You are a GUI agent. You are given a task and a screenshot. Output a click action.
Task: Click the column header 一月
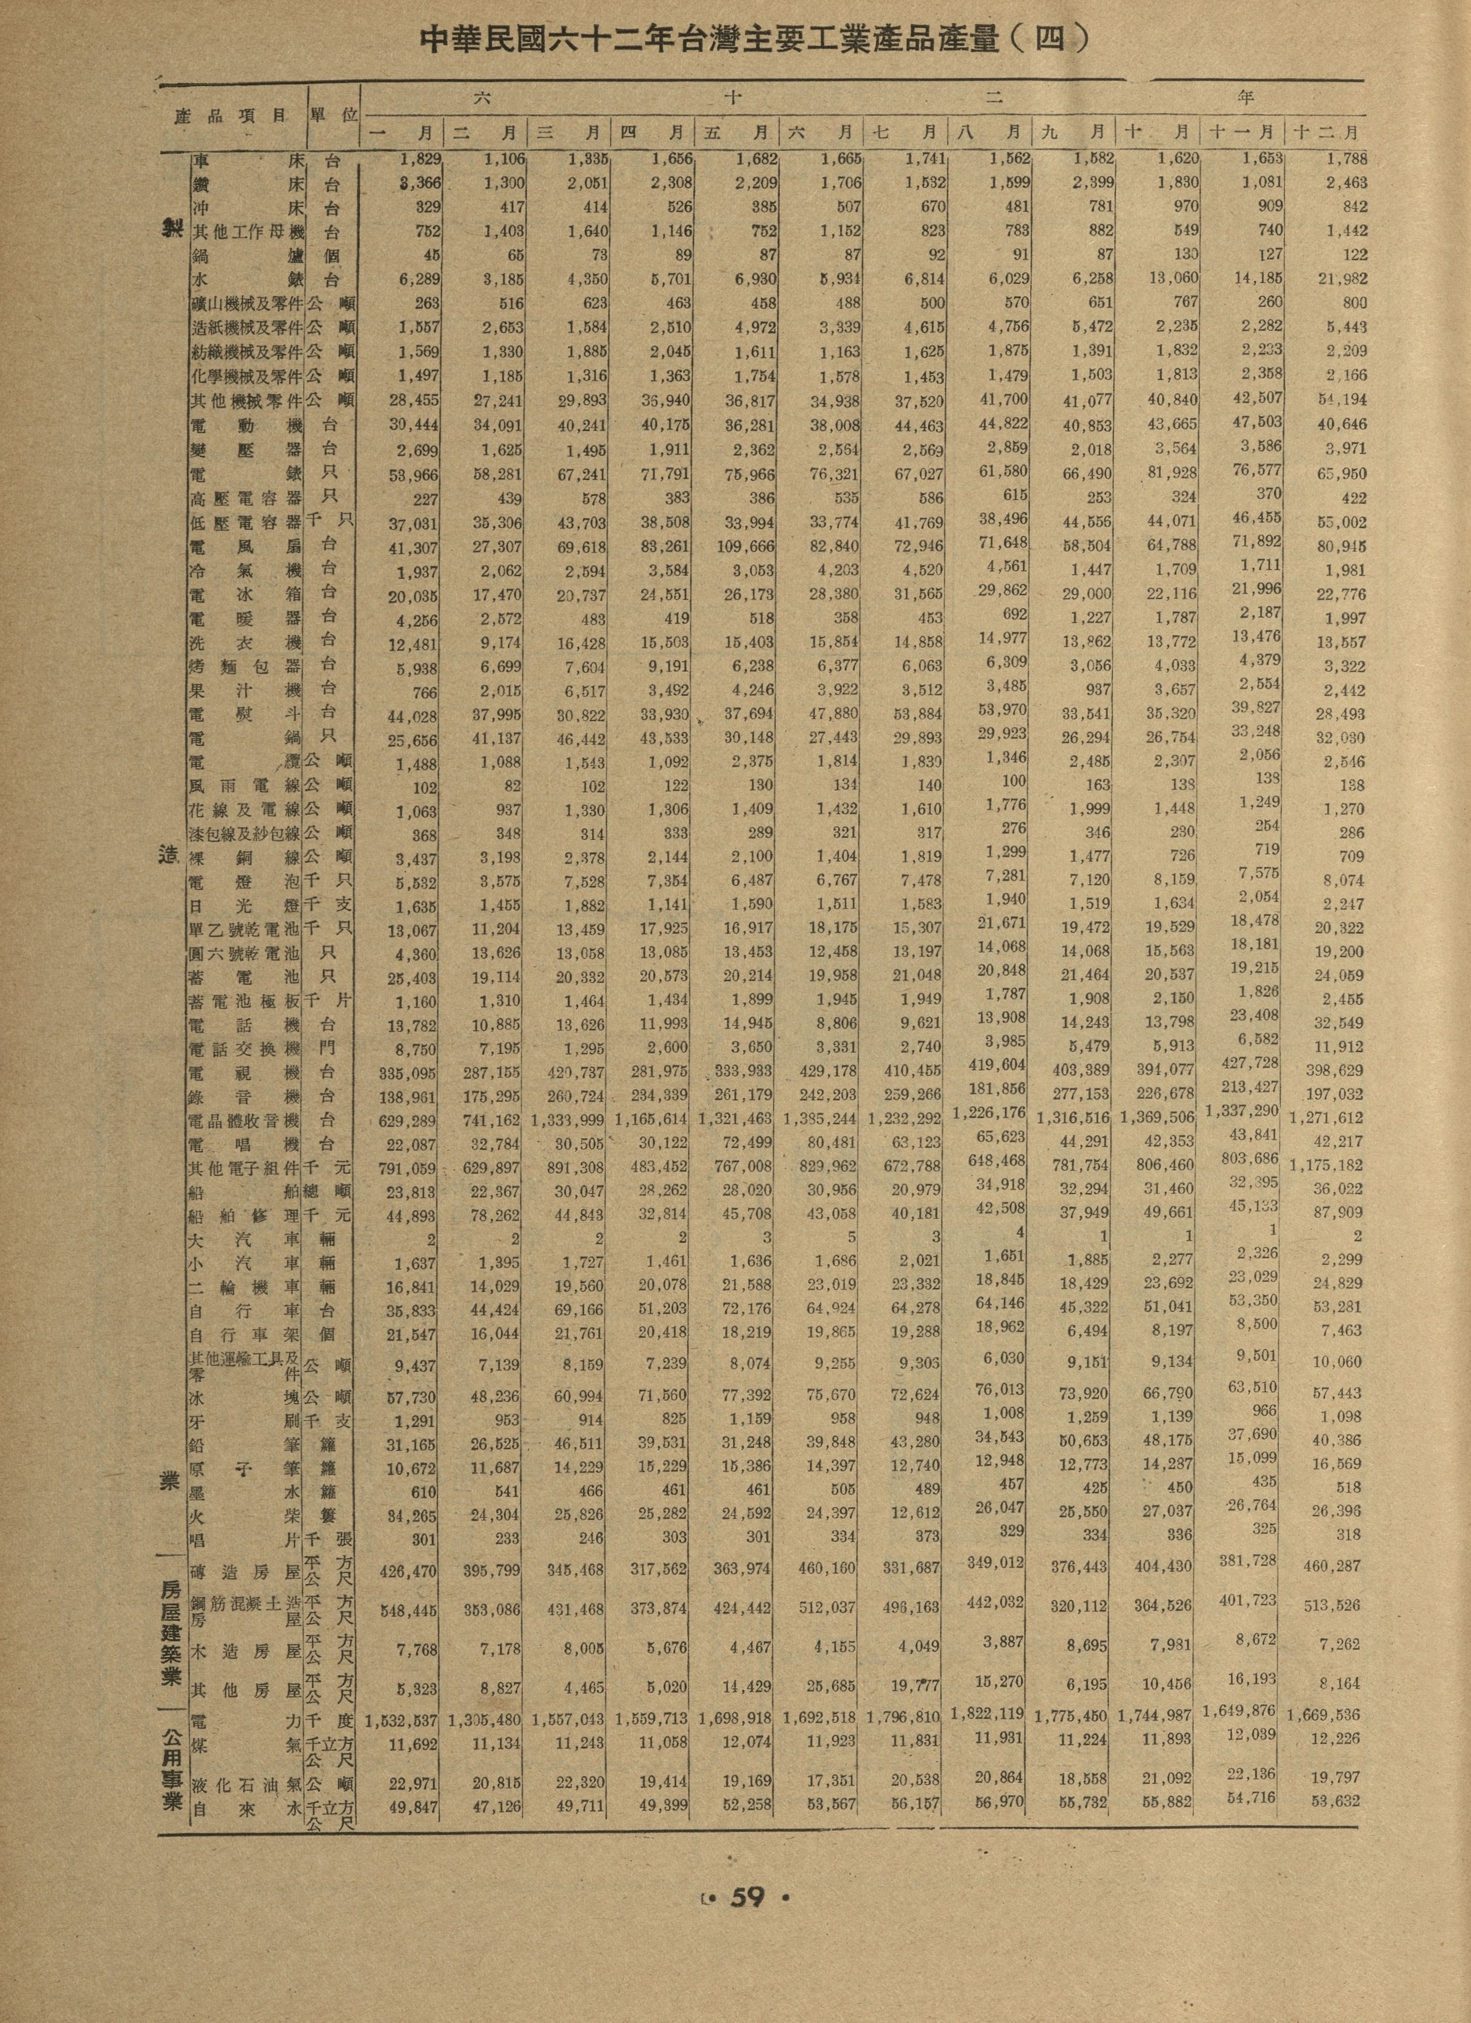401,132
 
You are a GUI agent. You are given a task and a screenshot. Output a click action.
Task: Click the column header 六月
821,132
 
